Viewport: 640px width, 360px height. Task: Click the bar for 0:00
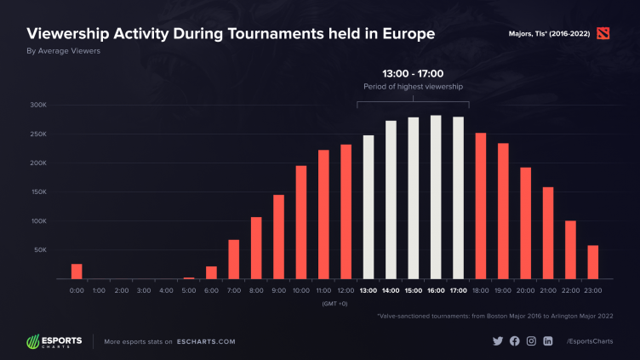click(77, 271)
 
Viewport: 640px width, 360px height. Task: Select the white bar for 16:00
click(436, 197)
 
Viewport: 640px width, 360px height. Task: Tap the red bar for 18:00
click(480, 206)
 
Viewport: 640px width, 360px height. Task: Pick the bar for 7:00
click(233, 260)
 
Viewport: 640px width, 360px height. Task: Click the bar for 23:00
click(592, 262)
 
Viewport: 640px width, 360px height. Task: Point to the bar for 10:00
click(300, 222)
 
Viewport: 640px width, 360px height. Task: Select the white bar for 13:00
click(369, 207)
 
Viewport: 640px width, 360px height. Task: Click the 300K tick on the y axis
click(37, 106)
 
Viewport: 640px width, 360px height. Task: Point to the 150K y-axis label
click(37, 192)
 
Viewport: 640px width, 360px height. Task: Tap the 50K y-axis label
click(39, 250)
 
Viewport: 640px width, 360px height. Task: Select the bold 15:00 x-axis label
click(413, 290)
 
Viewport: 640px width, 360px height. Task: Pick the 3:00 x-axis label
click(144, 290)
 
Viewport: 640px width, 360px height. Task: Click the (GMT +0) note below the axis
click(334, 303)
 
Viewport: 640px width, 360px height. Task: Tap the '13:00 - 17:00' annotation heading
click(413, 73)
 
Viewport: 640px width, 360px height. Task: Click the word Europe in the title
click(404, 34)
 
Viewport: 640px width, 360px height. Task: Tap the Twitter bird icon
click(498, 341)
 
